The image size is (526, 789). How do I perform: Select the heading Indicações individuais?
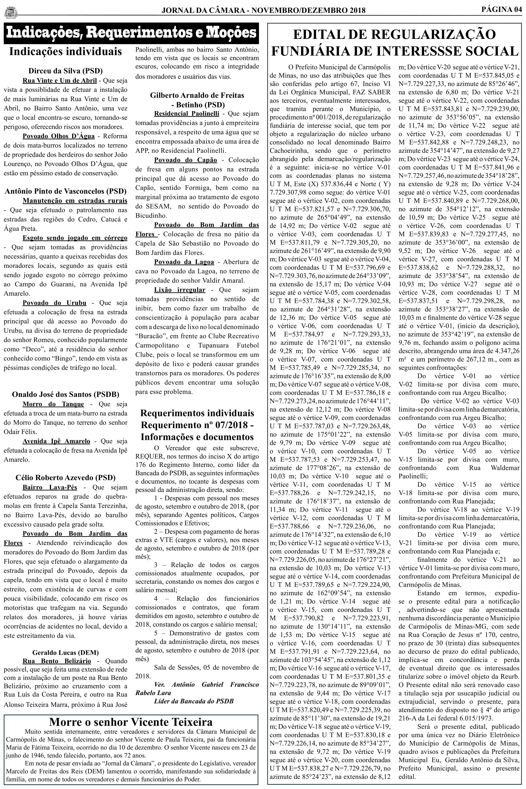65,52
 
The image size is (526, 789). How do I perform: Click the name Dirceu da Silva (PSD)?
65,71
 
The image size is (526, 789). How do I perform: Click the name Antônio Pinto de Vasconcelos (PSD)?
65,192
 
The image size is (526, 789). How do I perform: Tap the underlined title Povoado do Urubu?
54,303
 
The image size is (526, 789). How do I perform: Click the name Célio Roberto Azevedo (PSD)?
65,478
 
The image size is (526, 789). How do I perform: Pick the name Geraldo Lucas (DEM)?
65,653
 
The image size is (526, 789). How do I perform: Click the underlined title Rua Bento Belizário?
57,661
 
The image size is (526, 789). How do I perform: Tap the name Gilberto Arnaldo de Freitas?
197,95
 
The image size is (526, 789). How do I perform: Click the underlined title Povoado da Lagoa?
184,262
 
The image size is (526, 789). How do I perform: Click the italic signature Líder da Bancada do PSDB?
193,701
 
